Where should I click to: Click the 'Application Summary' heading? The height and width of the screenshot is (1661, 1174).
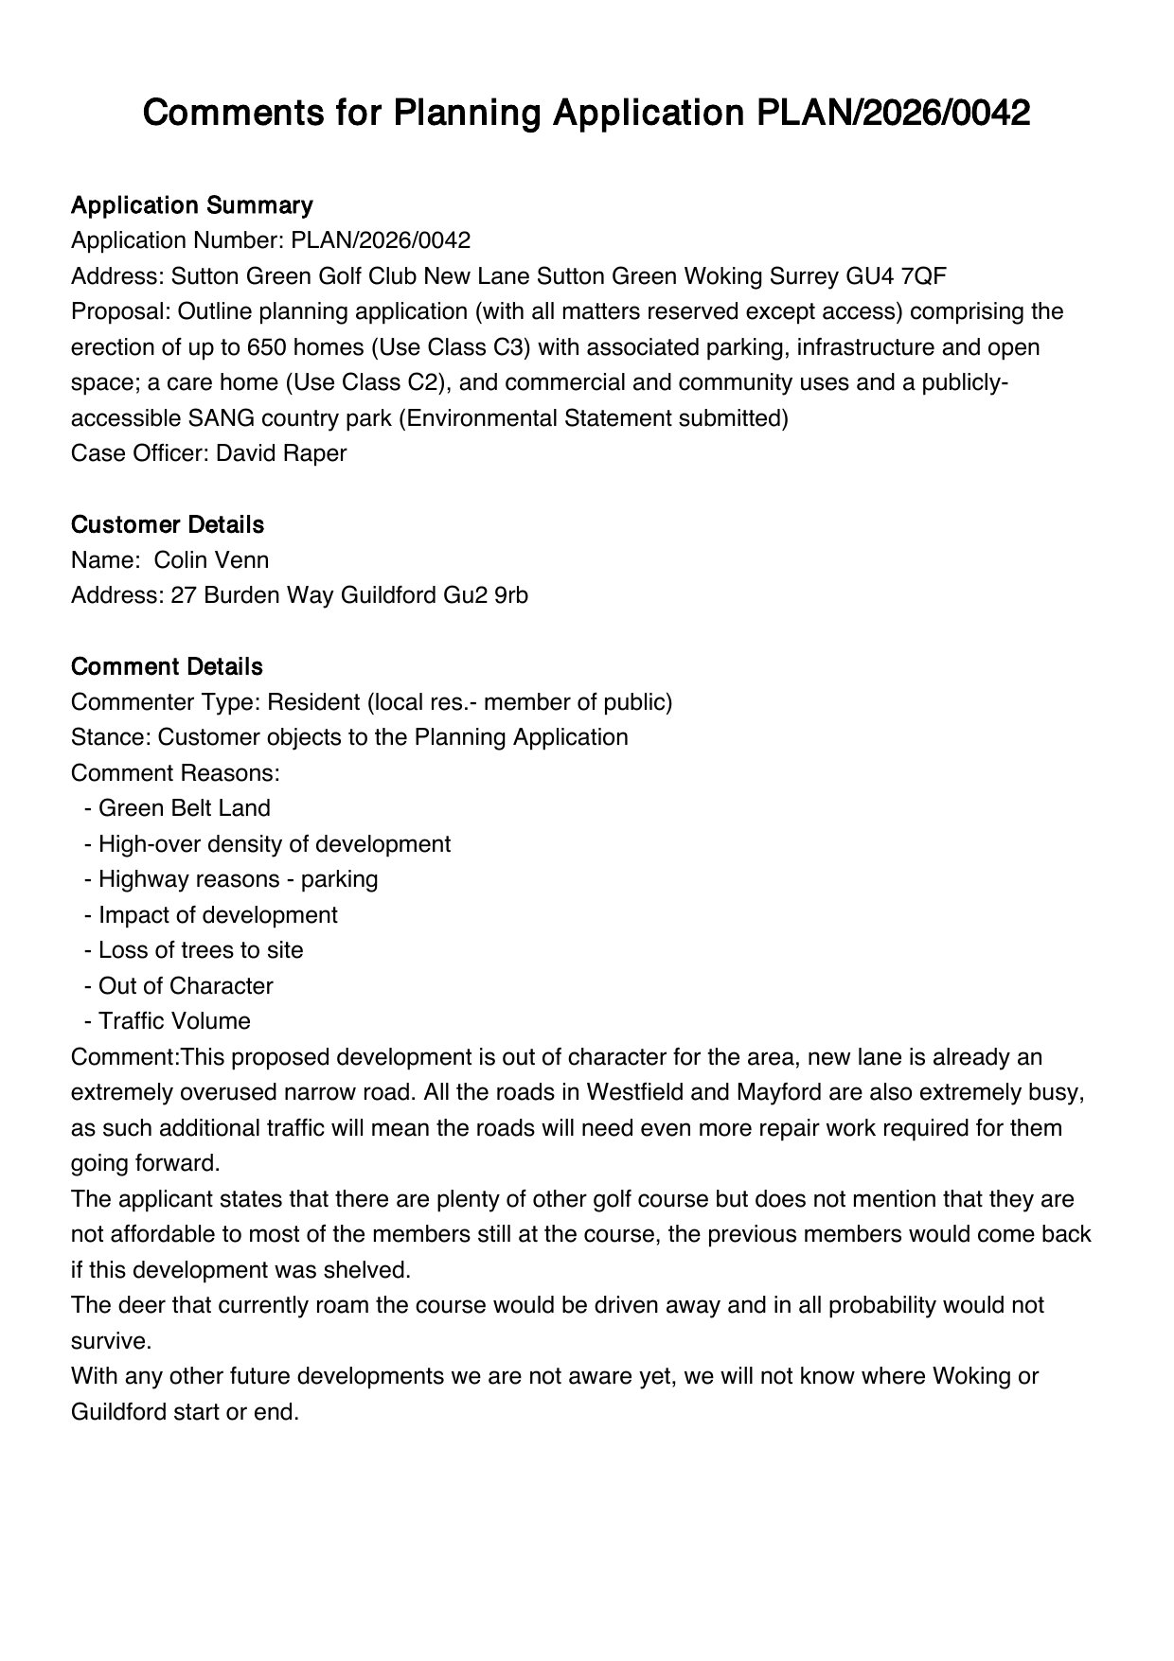coord(191,205)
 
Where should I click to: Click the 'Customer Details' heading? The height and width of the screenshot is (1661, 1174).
coord(168,525)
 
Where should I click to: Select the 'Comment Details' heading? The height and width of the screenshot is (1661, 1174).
coord(167,667)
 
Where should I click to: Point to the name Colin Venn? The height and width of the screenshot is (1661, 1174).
coord(211,560)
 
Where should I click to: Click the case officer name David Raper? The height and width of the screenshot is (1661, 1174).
coord(281,453)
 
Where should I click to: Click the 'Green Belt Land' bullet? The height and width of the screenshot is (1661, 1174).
coord(184,808)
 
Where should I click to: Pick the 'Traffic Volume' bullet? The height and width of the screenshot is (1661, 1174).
coord(174,1021)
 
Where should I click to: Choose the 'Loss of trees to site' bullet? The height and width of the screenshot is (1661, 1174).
coord(201,950)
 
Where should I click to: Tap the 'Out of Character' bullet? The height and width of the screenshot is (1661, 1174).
coord(186,986)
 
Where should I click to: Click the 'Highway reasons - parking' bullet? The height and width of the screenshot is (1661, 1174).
coord(238,879)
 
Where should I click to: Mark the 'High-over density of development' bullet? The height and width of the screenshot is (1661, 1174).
coord(274,844)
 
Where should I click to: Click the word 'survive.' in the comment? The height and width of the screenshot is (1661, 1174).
coord(111,1341)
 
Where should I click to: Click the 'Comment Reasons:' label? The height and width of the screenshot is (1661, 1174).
coord(175,773)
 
